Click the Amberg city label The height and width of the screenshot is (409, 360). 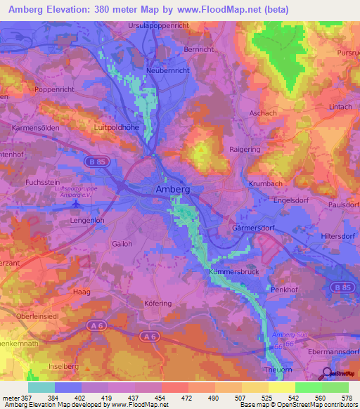pyautogui.click(x=172, y=190)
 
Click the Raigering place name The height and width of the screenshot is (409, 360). pyautogui.click(x=245, y=150)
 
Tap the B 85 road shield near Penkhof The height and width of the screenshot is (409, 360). pyautogui.click(x=342, y=289)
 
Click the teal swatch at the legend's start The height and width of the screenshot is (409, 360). pyautogui.click(x=41, y=387)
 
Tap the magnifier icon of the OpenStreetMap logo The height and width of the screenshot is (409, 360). pyautogui.click(x=327, y=373)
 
